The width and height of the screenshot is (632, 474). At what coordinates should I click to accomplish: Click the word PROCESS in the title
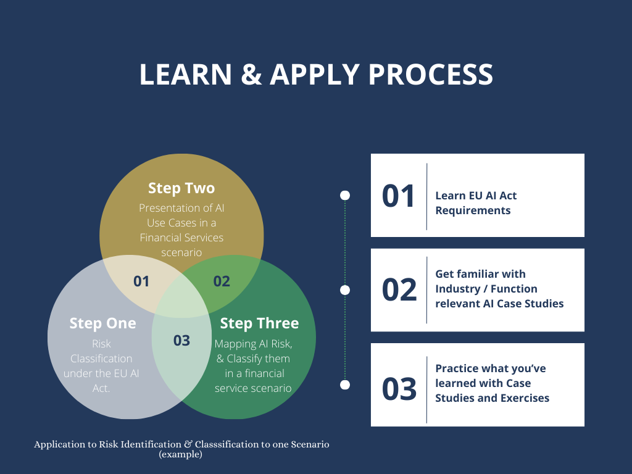[x=431, y=75]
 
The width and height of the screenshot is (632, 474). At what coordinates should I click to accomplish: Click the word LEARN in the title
[x=183, y=75]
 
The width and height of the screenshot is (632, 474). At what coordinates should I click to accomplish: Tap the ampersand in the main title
[x=249, y=75]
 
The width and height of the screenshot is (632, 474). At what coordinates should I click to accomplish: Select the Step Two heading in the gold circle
[x=181, y=188]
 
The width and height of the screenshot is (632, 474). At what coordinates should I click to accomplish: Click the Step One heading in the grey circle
[x=102, y=323]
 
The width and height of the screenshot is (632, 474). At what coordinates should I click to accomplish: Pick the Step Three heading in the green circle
[x=259, y=323]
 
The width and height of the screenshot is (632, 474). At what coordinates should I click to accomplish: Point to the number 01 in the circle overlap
[x=141, y=281]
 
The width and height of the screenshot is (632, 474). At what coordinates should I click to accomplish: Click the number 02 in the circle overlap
[x=222, y=281]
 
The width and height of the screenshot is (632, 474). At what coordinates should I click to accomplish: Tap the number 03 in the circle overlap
[x=181, y=340]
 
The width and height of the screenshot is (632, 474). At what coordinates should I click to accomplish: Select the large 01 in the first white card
[x=399, y=196]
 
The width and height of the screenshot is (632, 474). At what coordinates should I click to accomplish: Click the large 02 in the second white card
[x=399, y=289]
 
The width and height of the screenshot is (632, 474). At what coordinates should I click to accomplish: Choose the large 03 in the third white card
[x=399, y=389]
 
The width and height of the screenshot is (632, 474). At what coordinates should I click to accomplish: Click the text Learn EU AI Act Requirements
[x=476, y=203]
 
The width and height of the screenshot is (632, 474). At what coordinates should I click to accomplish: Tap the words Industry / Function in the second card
[x=486, y=289]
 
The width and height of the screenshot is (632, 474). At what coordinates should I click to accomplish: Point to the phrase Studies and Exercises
[x=492, y=398]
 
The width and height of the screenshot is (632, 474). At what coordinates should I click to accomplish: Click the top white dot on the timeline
[x=345, y=195]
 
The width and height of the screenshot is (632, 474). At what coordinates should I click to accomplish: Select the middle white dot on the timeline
[x=345, y=289]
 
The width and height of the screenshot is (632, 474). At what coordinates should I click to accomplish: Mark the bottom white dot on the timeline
[x=345, y=385]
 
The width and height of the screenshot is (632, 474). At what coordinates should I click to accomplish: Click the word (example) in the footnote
[x=180, y=454]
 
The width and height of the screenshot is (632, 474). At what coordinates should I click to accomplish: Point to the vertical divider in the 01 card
[x=426, y=196]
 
